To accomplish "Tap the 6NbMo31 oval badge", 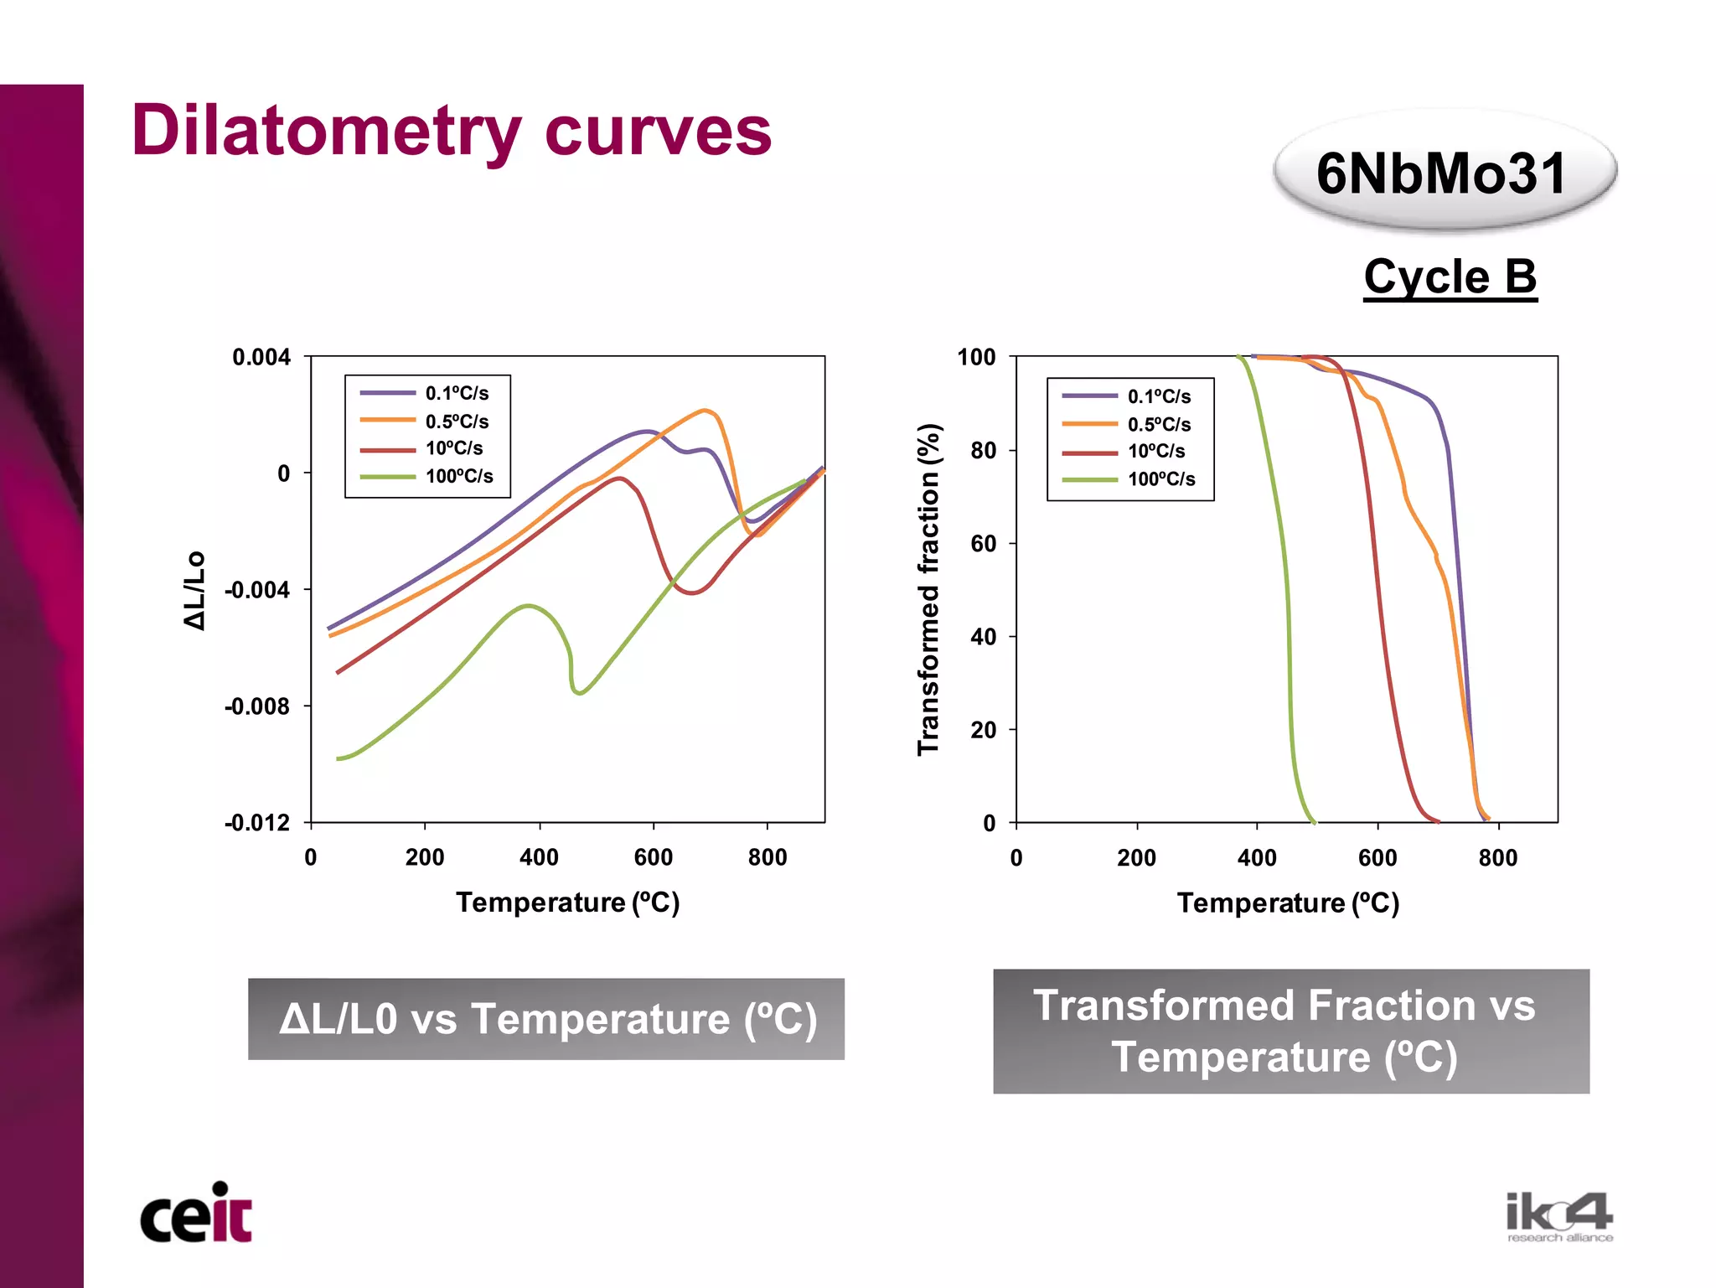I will pos(1442,173).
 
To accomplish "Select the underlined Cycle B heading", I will pos(1450,277).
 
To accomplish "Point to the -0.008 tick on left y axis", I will pos(256,706).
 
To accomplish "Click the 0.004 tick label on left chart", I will pos(261,357).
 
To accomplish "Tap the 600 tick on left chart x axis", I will pos(653,857).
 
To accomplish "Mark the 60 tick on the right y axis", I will pos(983,543).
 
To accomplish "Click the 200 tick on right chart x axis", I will pos(1136,858).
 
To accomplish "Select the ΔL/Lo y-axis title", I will pos(194,590).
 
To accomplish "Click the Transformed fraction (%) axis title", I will pos(928,589).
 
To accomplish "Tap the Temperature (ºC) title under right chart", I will pos(1288,903).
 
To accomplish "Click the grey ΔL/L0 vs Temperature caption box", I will pos(546,1019).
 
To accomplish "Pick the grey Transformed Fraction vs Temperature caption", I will pos(1290,1031).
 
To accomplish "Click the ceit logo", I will pos(196,1213).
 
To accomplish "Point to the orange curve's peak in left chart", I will pos(706,411).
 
